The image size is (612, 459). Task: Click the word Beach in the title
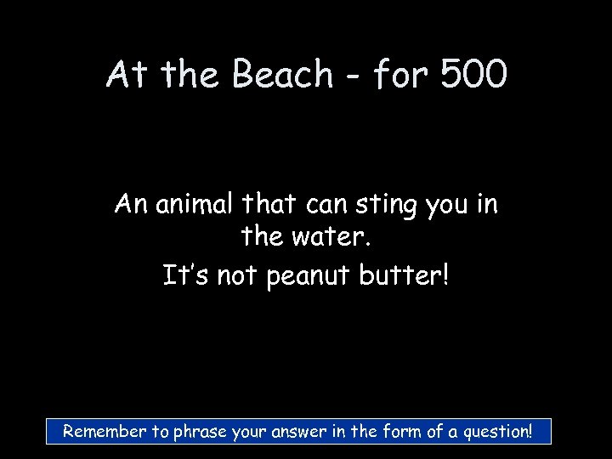point(282,75)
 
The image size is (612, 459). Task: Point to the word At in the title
point(127,75)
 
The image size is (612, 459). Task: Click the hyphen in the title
point(355,78)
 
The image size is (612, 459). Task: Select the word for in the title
point(399,75)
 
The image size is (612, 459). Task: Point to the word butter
point(407,275)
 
